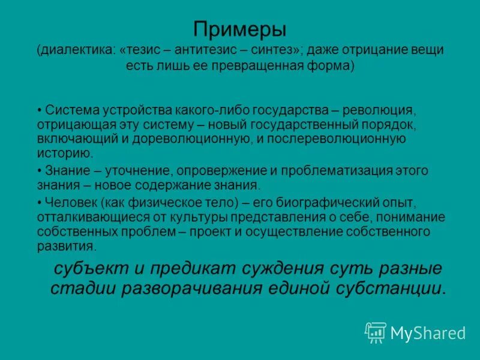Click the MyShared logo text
428,332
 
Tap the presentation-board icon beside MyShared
376,332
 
